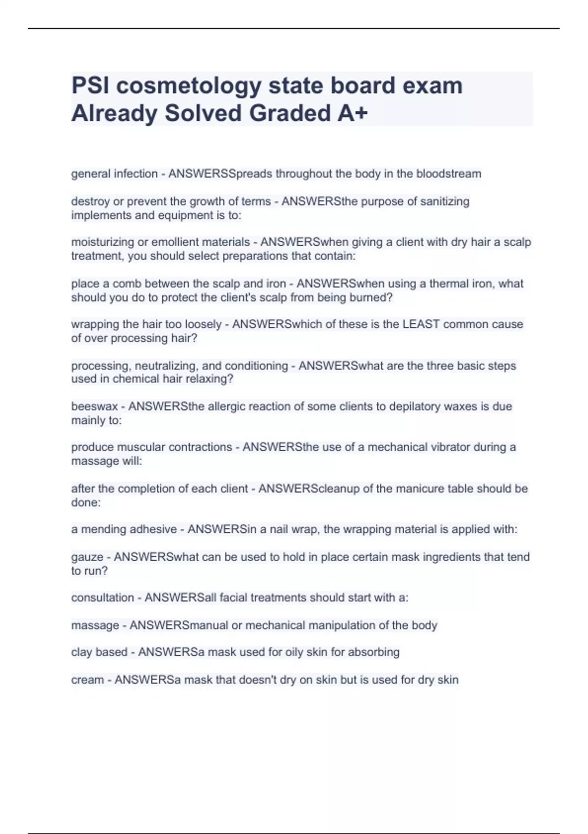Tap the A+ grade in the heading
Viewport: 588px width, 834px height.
tap(352, 113)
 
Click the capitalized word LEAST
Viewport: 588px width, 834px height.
tap(421, 324)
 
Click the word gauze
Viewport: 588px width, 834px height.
tap(87, 557)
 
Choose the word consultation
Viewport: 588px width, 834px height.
tap(102, 598)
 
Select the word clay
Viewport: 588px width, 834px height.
tap(81, 652)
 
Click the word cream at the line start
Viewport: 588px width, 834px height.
tap(87, 680)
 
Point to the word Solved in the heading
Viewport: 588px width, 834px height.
tap(203, 113)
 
